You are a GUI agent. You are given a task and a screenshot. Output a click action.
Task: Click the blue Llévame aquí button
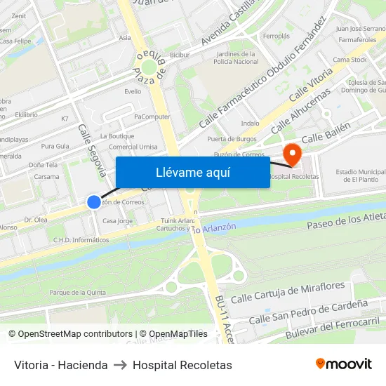tap(192, 173)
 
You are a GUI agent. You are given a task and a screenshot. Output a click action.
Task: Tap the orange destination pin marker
tap(291, 153)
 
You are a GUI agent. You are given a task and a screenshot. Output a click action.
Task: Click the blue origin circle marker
tap(94, 202)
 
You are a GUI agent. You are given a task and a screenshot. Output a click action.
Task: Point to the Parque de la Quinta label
tap(77, 293)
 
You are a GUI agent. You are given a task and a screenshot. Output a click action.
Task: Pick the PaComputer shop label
tap(152, 117)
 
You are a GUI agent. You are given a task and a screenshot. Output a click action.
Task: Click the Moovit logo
tap(344, 364)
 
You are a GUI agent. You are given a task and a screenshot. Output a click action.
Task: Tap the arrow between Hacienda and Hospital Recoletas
tap(120, 365)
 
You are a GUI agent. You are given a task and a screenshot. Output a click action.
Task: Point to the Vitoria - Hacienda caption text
tap(61, 365)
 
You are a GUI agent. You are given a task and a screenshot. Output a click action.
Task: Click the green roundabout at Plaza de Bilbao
tap(149, 67)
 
